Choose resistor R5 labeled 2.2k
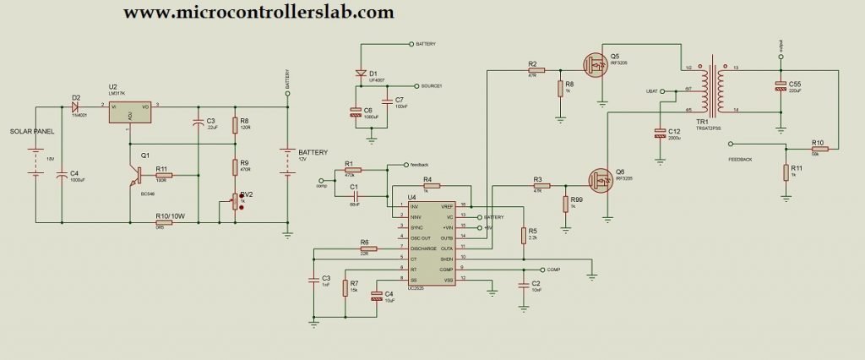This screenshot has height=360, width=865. [x=525, y=233]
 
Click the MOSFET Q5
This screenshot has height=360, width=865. [x=598, y=63]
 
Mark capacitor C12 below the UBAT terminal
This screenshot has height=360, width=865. [x=660, y=132]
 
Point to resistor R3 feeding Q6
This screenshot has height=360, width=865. [x=536, y=186]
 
